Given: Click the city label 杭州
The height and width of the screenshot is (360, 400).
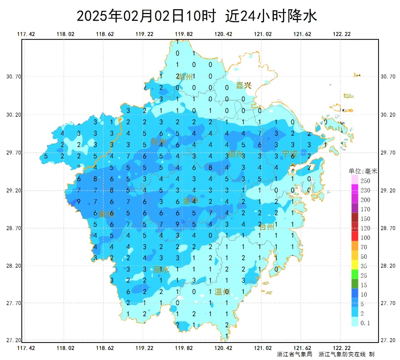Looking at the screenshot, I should click(159, 142).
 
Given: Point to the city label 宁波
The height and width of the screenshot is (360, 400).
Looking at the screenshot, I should click(289, 153).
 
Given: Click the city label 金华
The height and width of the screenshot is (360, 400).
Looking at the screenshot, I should click(191, 201).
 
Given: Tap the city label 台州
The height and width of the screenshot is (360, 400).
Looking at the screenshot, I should click(266, 227).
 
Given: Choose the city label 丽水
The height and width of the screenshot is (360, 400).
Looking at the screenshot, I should click(161, 270).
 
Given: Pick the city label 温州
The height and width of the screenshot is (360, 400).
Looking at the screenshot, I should click(222, 292).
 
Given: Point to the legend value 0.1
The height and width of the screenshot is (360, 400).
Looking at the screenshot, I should click(365, 323).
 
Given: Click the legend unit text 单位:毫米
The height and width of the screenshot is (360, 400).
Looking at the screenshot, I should click(363, 171).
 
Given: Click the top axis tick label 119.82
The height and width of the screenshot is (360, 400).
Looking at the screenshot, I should click(184, 34).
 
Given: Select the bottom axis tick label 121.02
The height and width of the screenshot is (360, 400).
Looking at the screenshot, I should click(263, 348).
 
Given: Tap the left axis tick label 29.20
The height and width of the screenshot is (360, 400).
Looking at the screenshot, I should click(14, 191).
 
